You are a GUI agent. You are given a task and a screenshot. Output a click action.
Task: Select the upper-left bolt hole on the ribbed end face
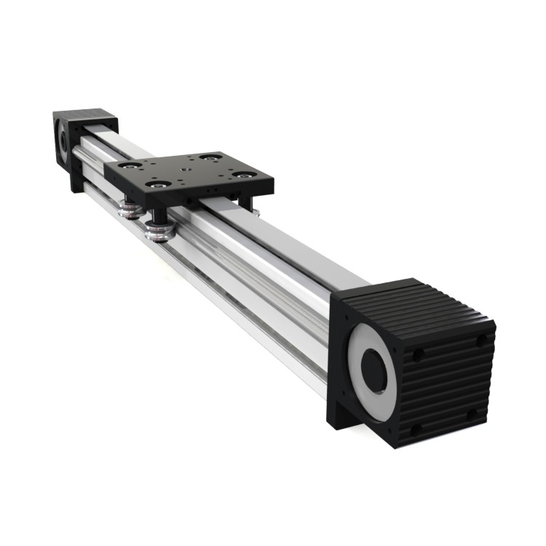pyautogui.click(x=419, y=356)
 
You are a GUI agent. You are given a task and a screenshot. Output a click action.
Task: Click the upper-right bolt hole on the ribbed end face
pyautogui.click(x=480, y=340)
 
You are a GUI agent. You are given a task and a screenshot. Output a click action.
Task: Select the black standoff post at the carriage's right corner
pyautogui.click(x=249, y=202)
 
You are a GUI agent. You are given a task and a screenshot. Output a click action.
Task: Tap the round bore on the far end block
pyautogui.click(x=64, y=141)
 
